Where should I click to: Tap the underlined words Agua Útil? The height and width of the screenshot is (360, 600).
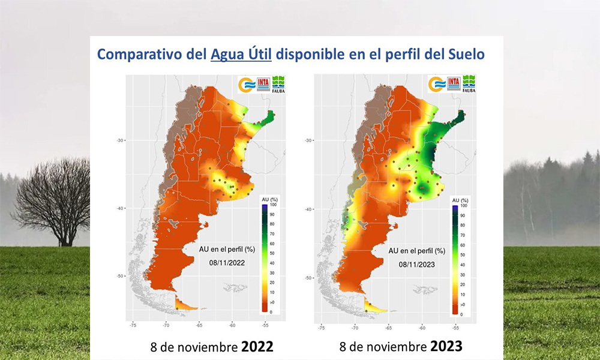coord(241,54)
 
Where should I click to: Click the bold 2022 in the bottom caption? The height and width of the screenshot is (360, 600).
coord(257,347)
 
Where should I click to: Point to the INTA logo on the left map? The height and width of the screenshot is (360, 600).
coord(263,85)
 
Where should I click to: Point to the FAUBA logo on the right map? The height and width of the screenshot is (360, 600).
coord(468,85)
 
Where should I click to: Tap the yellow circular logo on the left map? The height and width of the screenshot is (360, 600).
coord(247,85)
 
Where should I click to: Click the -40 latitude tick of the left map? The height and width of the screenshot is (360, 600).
coord(120,209)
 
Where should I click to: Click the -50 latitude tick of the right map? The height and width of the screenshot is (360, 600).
coord(308,278)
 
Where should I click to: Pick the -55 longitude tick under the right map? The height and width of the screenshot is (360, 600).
coord(455,329)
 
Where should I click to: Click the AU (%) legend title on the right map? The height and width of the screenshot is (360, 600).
coord(460,200)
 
